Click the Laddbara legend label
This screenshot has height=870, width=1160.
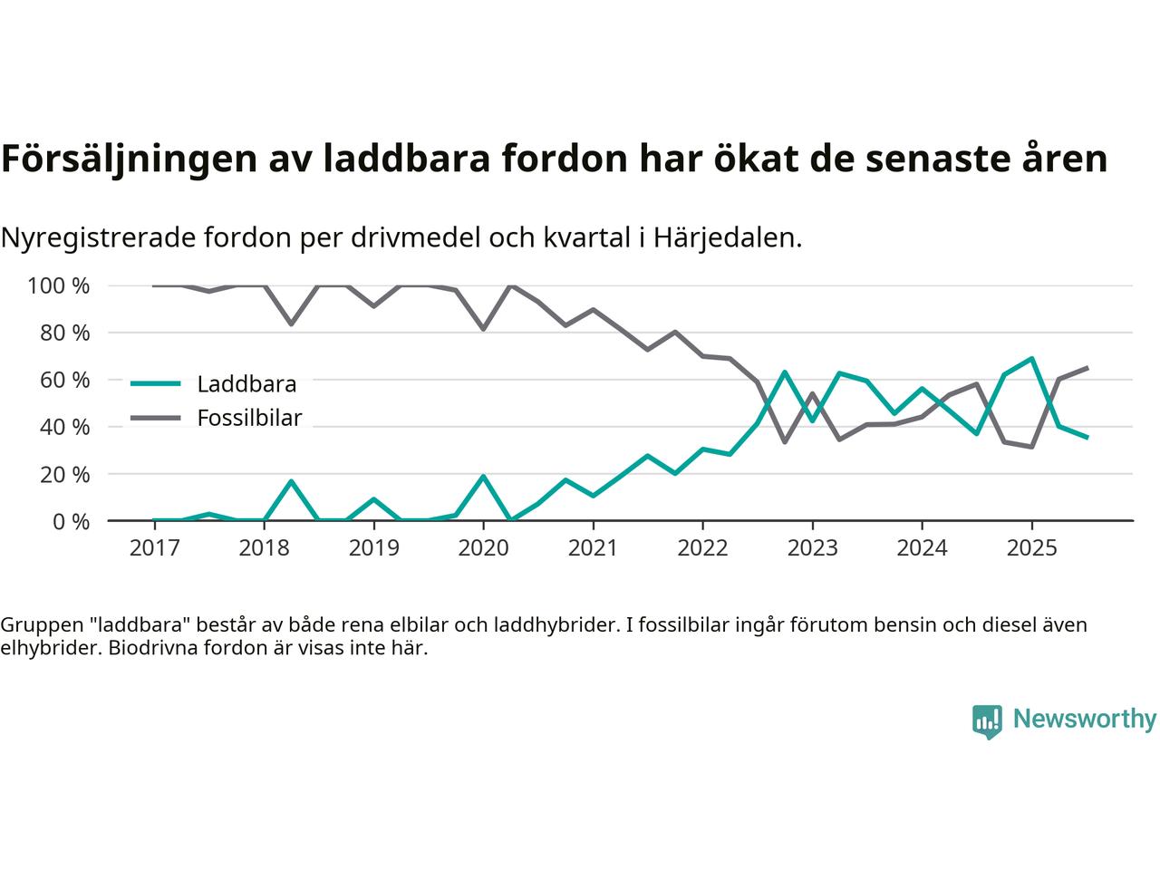[246, 384]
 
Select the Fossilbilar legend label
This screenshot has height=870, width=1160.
[249, 419]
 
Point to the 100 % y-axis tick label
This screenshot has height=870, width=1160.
[59, 286]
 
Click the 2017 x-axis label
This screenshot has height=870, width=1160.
[153, 548]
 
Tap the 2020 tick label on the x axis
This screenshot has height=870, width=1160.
[483, 548]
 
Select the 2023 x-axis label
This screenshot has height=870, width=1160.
[812, 548]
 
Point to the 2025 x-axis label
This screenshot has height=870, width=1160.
[1031, 548]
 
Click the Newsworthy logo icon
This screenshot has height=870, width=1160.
[987, 721]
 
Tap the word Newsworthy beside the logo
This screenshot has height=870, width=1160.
[1084, 720]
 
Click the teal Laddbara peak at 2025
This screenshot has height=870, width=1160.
[1031, 359]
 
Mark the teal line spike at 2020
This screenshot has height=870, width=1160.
[483, 477]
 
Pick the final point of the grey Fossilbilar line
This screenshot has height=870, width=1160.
[1087, 368]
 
